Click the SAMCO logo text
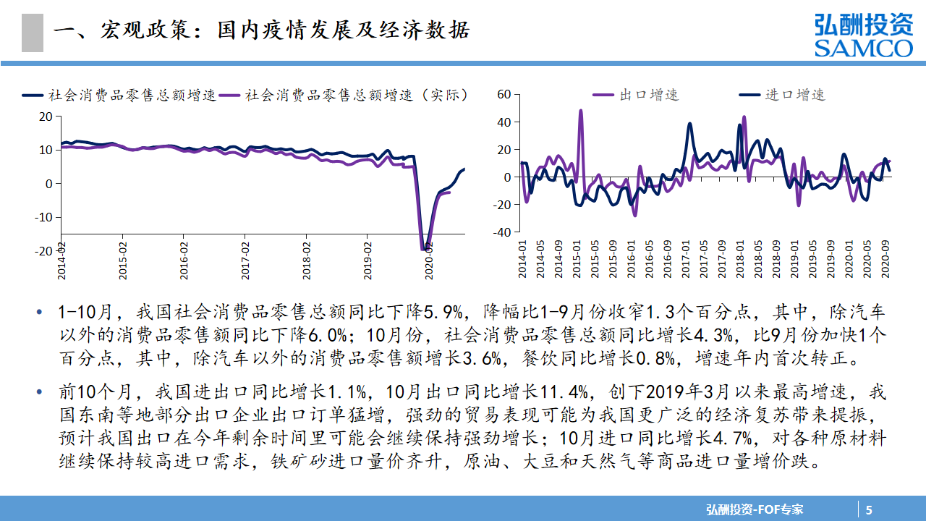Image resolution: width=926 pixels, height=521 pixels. (x=863, y=48)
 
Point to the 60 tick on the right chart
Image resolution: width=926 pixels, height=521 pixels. (x=504, y=94)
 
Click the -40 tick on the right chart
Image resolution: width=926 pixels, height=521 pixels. (x=501, y=232)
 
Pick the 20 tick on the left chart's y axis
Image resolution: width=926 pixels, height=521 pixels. (x=46, y=116)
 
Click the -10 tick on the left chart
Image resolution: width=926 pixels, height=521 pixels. (x=43, y=217)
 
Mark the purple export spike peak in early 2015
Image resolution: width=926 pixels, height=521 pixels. (x=580, y=111)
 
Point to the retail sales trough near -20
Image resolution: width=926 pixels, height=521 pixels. (x=425, y=248)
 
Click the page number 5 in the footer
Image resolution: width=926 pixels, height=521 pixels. (x=870, y=509)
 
